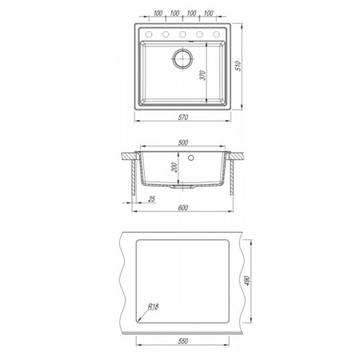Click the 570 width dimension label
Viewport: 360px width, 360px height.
coord(183,117)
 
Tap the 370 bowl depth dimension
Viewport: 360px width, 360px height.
coord(203,75)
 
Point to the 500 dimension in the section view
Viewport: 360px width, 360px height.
coord(183,142)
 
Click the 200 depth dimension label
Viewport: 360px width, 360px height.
coord(174,167)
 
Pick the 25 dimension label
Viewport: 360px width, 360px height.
coord(152,198)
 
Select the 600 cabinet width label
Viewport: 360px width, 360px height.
coord(183,207)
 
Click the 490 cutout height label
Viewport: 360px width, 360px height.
coord(247,281)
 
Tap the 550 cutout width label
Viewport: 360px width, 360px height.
coord(183,341)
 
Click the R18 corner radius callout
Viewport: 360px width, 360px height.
coord(154,306)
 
